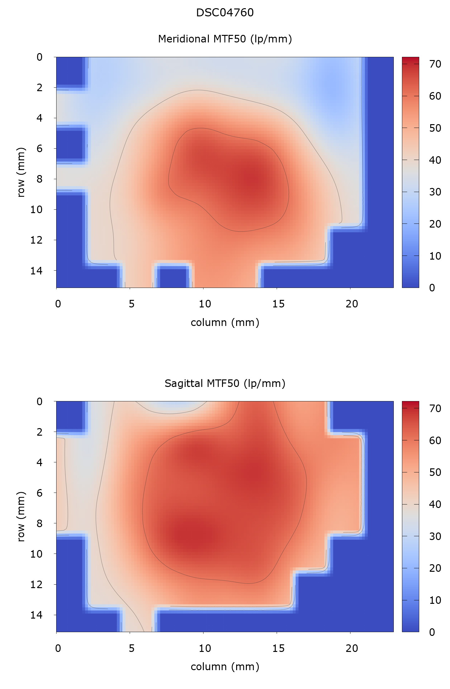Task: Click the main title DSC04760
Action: pos(225,13)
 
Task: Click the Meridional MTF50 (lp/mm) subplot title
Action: pos(225,39)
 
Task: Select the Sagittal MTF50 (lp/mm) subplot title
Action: pos(225,383)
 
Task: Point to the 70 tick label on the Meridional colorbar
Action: pos(435,64)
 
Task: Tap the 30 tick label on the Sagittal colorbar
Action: pos(435,536)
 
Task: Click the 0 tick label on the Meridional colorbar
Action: pos(432,288)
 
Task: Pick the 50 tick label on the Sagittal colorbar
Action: pos(435,472)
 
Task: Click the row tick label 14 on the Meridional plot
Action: pos(36,270)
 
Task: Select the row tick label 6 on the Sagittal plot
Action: pos(40,493)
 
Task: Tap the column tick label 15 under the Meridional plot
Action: pos(278,304)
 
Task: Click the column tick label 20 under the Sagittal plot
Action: pos(352,648)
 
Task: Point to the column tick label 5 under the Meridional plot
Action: pos(131,304)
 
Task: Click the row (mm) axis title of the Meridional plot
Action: pos(21,172)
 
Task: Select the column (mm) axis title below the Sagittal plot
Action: pos(225,667)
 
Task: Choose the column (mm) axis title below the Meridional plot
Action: pos(225,322)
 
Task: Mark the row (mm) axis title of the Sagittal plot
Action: pos(21,516)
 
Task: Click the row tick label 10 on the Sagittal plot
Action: pos(36,554)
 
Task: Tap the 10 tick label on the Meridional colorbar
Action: pos(435,256)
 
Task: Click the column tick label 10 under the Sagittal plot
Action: pos(205,648)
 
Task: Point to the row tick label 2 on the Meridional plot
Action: pos(40,87)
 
